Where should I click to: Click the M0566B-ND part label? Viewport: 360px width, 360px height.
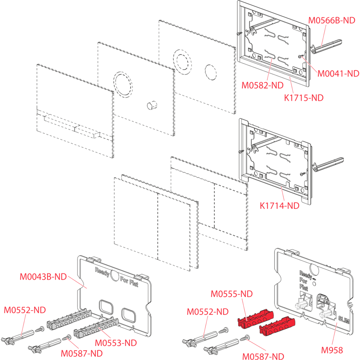[332, 20]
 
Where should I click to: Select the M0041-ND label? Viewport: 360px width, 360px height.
[338, 73]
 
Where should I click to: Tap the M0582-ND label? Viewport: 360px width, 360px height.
[262, 85]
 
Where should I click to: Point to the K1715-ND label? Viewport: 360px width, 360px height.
[303, 97]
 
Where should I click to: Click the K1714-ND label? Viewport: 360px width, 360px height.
[279, 205]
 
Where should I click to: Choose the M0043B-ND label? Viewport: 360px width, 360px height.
[43, 277]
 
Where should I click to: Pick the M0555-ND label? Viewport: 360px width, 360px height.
[231, 294]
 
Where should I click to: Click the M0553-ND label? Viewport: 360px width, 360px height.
[116, 342]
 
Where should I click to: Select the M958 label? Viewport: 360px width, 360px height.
[332, 350]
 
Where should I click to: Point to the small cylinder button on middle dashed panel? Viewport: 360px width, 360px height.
[152, 105]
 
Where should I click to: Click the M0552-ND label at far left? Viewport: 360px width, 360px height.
[25, 310]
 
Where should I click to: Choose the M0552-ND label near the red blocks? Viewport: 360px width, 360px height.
[207, 312]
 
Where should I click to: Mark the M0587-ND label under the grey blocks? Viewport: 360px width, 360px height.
[82, 353]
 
